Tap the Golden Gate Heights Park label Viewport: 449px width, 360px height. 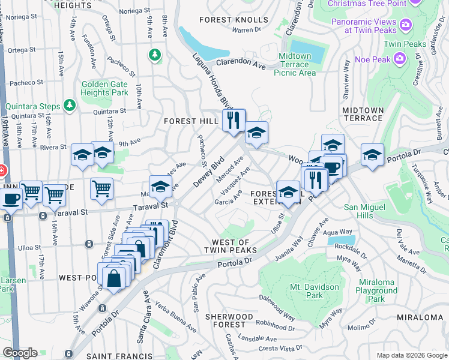105,89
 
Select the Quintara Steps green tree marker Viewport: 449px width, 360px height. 70,106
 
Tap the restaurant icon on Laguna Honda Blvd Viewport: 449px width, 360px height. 234,121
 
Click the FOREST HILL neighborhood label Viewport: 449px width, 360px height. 191,121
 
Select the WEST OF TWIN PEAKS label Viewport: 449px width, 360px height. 231,246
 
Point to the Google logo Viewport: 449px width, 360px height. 20,353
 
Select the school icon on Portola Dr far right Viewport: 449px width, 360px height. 372,155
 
